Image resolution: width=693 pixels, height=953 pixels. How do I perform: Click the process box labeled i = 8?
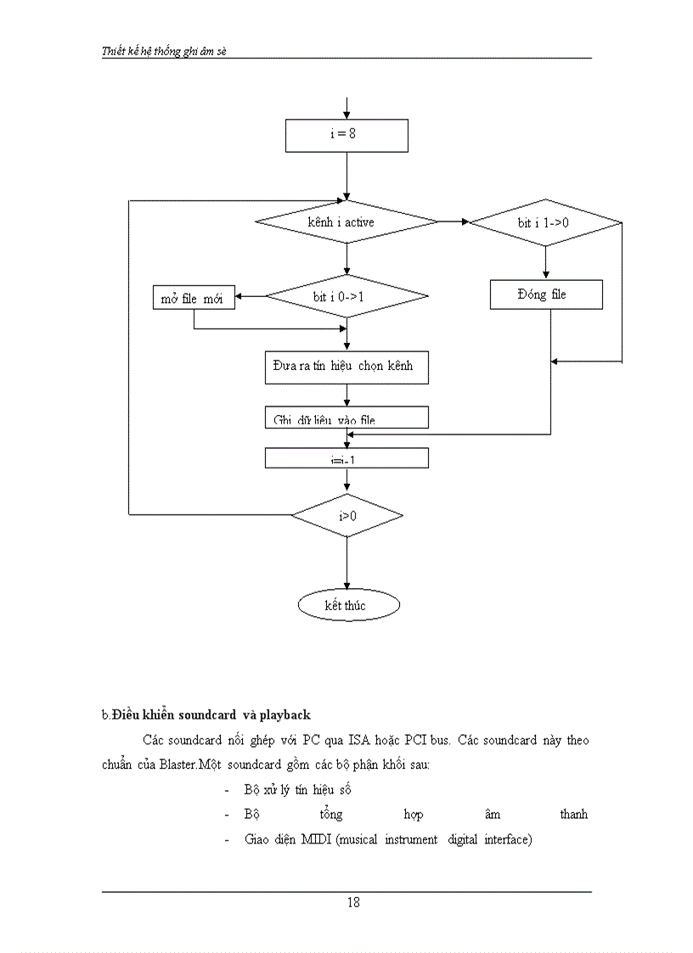pos(346,134)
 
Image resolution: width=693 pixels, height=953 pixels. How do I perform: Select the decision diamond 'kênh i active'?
pos(346,222)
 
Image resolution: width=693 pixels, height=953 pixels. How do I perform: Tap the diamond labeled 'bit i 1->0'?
pos(545,222)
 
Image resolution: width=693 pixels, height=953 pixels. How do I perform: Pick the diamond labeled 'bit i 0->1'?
pos(346,297)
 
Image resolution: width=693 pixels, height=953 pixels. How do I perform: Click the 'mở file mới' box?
pos(194,298)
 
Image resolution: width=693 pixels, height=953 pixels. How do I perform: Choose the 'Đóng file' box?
pos(545,294)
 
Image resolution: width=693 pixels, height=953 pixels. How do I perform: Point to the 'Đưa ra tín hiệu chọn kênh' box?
pos(346,367)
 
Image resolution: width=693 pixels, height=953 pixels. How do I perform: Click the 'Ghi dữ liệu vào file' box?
pos(346,418)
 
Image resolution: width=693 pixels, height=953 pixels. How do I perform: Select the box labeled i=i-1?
pos(346,458)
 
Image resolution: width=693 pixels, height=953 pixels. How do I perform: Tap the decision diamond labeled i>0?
pos(346,515)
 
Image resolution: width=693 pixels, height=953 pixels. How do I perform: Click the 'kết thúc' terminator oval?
pos(346,605)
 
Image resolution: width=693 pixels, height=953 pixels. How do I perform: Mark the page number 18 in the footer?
pos(353,902)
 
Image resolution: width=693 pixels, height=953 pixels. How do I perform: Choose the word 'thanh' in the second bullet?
pos(573,815)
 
